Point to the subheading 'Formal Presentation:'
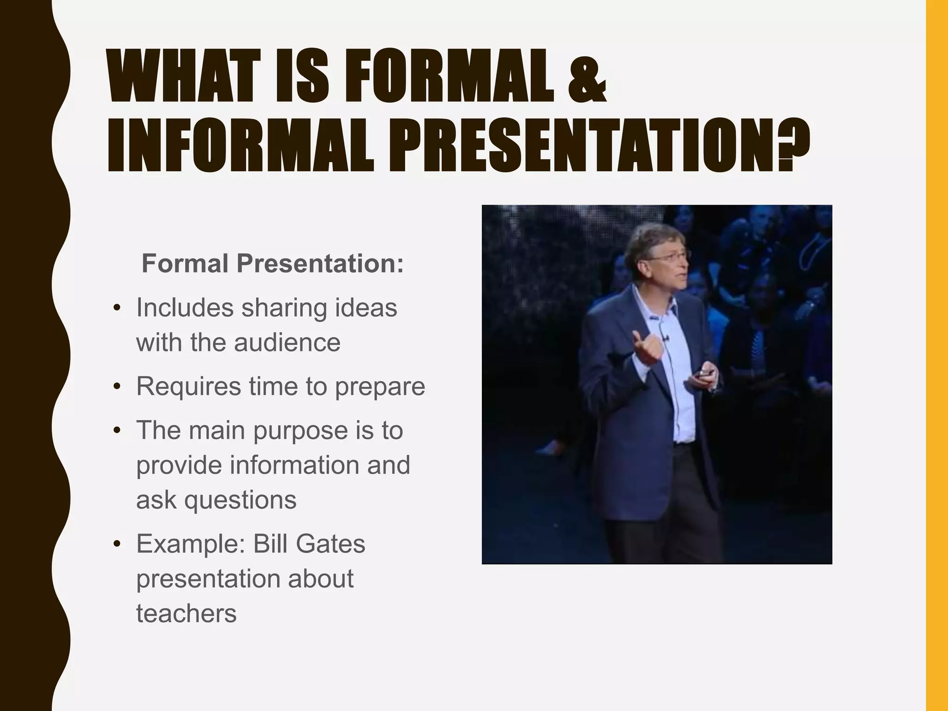pyautogui.click(x=273, y=263)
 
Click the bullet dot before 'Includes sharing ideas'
pyautogui.click(x=117, y=308)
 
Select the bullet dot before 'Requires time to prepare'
pyautogui.click(x=117, y=387)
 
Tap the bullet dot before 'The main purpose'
pyautogui.click(x=117, y=430)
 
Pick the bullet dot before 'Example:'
pyautogui.click(x=117, y=544)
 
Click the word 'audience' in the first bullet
pyautogui.click(x=287, y=343)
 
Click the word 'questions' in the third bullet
pyautogui.click(x=240, y=500)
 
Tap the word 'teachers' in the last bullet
pyautogui.click(x=186, y=613)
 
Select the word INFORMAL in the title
pyautogui.click(x=240, y=145)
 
